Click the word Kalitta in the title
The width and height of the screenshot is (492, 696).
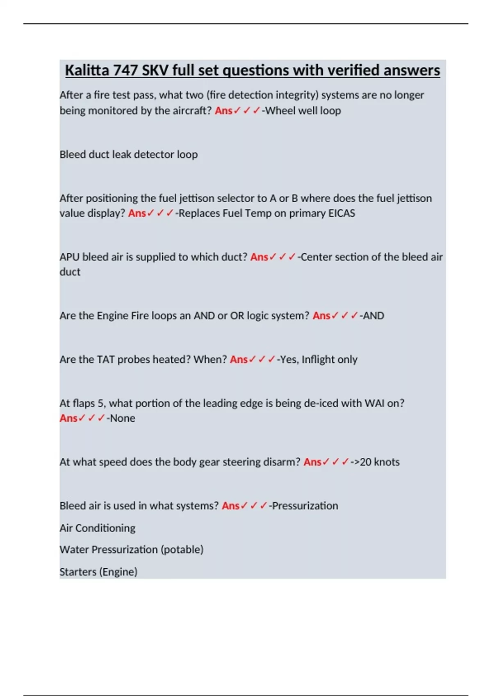pos(87,70)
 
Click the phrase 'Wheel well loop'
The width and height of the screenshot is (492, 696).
pos(303,111)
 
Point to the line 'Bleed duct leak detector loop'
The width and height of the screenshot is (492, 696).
pos(128,154)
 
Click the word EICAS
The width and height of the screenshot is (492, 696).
pos(342,213)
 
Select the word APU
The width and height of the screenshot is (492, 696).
pos(69,257)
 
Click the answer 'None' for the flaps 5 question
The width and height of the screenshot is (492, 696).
pos(122,418)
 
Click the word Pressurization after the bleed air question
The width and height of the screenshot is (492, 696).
pos(305,506)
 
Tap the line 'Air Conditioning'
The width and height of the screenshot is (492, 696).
pos(98,528)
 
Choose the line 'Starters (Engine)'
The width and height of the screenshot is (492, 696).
pos(98,572)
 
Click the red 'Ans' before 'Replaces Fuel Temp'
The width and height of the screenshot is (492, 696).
pos(137,213)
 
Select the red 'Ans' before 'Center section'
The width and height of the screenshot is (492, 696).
pos(259,257)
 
